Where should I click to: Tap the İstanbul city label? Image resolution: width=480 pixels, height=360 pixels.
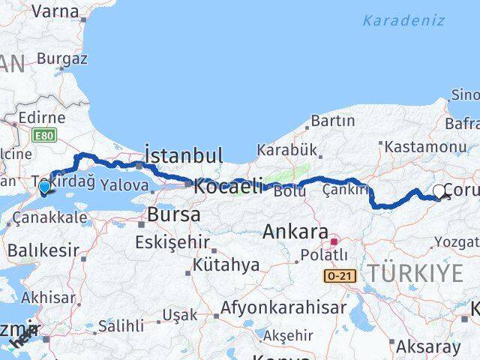183,156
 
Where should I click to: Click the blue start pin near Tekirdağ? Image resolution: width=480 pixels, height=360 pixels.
45,187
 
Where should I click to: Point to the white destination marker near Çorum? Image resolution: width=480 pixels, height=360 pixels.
439,191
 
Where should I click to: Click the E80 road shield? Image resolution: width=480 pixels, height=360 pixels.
43,135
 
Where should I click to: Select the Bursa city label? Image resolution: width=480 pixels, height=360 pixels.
174,214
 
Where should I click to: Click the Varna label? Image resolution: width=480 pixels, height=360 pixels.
55,10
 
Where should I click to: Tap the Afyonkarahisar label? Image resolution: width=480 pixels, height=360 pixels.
283,307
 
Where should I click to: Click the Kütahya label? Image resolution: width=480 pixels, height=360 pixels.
226,265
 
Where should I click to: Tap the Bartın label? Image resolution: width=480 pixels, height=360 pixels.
332,120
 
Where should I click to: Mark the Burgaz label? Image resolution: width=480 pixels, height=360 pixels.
62,58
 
